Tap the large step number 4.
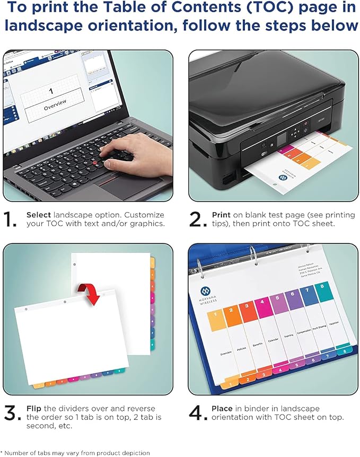pos(197,414)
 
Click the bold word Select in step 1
pos(39,215)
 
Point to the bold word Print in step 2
pos(221,215)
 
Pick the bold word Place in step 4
pos(222,409)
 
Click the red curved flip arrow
pos(89,293)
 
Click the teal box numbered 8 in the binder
pos(322,292)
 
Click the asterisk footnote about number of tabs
pos(75,453)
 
